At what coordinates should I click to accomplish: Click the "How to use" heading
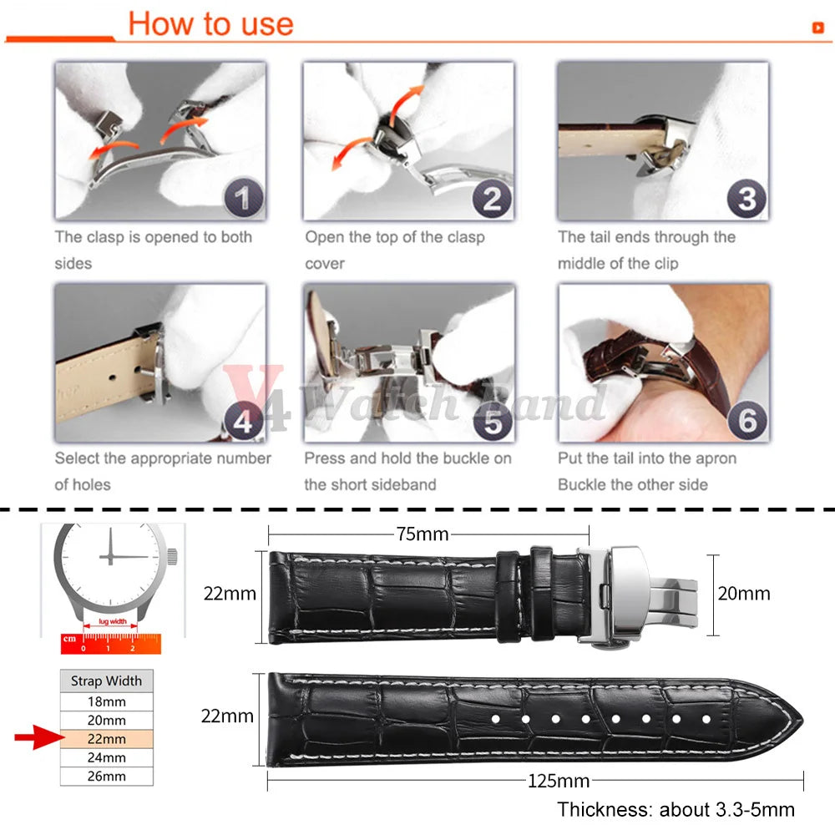pyautogui.click(x=211, y=24)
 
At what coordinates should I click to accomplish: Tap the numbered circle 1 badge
pyautogui.click(x=243, y=198)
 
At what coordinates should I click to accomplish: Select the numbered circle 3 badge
pyautogui.click(x=746, y=198)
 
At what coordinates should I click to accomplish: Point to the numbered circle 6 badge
pyautogui.click(x=747, y=420)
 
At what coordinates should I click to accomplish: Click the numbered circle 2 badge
pyautogui.click(x=492, y=198)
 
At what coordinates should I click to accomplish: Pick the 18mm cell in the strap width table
pyautogui.click(x=107, y=702)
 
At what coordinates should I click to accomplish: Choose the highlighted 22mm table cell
pyautogui.click(x=107, y=739)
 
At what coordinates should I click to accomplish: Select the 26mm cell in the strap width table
pyautogui.click(x=107, y=777)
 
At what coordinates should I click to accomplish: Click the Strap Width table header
pyautogui.click(x=107, y=681)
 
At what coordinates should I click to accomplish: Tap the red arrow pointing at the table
pyautogui.click(x=39, y=737)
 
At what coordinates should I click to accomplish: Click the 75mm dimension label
pyautogui.click(x=423, y=534)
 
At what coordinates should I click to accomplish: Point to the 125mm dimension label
pyautogui.click(x=559, y=782)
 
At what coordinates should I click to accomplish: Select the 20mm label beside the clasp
pyautogui.click(x=744, y=593)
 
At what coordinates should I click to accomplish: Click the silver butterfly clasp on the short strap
pyautogui.click(x=636, y=595)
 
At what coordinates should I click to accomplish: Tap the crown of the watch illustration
pyautogui.click(x=172, y=556)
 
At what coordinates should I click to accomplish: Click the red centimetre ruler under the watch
pyautogui.click(x=111, y=643)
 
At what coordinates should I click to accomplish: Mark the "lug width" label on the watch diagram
pyautogui.click(x=113, y=621)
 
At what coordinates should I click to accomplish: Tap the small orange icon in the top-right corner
pyautogui.click(x=818, y=28)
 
